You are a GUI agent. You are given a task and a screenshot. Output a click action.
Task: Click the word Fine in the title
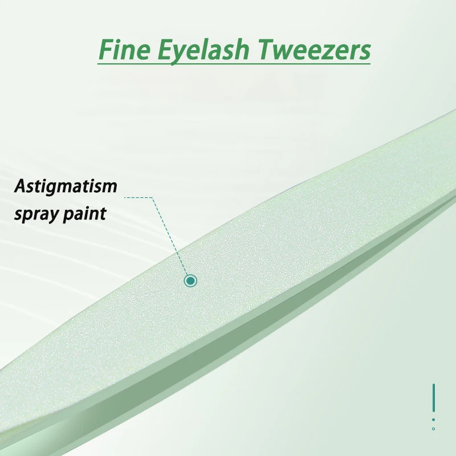point(125,50)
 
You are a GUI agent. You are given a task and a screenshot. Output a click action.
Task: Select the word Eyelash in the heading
point(203,51)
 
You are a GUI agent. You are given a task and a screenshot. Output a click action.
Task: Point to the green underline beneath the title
point(234,63)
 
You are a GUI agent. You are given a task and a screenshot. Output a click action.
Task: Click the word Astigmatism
point(66,186)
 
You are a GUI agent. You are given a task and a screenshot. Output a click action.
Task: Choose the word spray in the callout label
point(35,215)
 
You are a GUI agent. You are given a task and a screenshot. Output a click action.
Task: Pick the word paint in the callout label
point(84,213)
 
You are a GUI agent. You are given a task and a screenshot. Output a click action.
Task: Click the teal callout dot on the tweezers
point(190,280)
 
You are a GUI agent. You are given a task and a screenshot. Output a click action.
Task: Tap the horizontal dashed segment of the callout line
point(139,197)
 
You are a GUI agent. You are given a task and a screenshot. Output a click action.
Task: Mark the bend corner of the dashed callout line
point(152,197)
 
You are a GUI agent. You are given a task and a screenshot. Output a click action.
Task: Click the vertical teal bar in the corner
point(434,398)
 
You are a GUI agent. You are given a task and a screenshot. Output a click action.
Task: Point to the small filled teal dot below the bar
point(434,420)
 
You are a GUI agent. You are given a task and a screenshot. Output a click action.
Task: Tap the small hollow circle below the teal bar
point(434,429)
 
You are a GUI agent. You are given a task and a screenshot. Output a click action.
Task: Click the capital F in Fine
point(107,50)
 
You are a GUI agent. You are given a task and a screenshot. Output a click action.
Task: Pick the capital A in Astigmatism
point(22,186)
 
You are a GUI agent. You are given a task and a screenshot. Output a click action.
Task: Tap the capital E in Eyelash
point(167,50)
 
